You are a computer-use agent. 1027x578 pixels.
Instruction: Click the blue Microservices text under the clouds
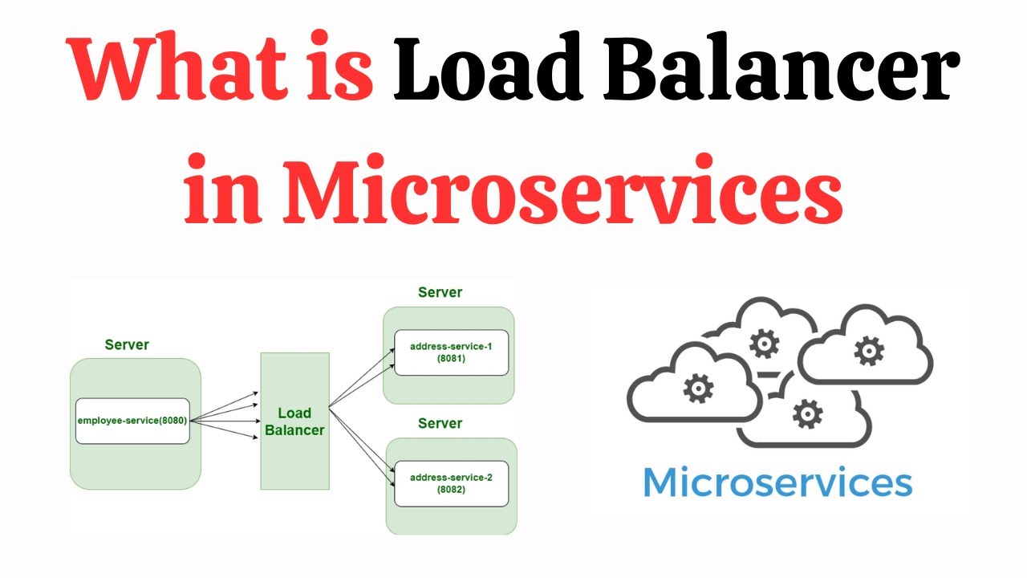coord(777,482)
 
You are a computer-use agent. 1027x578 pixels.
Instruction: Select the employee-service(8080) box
coord(132,421)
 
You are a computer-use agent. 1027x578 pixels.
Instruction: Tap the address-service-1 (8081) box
coord(452,352)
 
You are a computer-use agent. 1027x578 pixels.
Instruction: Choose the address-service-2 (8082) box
coord(452,483)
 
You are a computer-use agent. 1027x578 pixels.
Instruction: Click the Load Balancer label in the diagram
coord(294,421)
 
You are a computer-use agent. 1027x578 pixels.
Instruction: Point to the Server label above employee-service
coord(127,344)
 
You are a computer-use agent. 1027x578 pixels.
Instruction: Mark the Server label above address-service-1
coord(440,292)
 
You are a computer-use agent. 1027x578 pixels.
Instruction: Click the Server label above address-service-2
coord(440,423)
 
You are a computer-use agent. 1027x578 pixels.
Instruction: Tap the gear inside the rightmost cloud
coord(868,351)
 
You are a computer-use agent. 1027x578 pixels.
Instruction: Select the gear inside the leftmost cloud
coord(698,389)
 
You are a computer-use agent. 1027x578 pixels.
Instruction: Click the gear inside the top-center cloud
coord(763,344)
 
